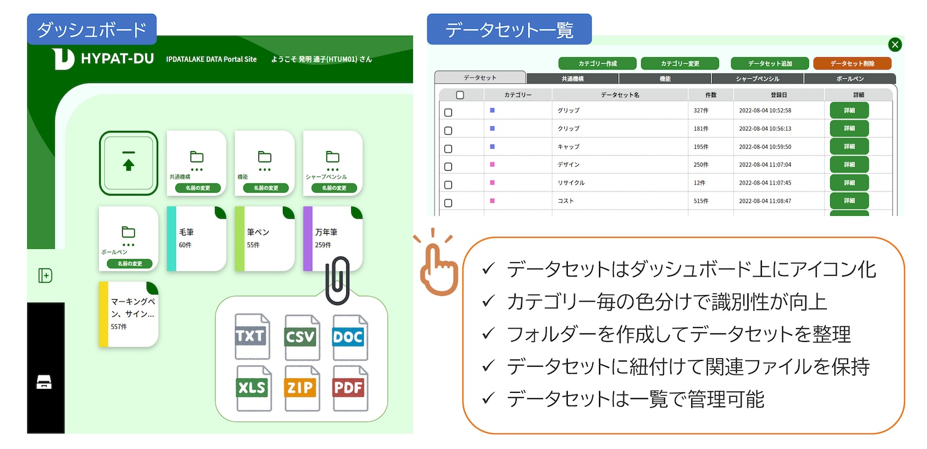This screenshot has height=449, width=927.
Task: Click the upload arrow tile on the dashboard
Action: [x=129, y=163]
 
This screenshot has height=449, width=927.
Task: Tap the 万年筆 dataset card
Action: [x=333, y=238]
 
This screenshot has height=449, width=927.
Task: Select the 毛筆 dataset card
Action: [x=196, y=238]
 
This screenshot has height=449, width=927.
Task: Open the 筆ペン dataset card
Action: [x=265, y=238]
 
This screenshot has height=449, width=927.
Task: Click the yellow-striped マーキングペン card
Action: [x=129, y=314]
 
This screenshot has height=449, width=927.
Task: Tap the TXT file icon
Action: [x=251, y=336]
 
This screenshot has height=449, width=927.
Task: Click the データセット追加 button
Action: [x=769, y=64]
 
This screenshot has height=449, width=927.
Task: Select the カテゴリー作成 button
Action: [x=597, y=64]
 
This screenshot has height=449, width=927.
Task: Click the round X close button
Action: [x=895, y=45]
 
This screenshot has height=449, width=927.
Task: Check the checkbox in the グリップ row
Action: [x=448, y=112]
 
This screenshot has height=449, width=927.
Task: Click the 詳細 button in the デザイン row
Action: [x=849, y=165]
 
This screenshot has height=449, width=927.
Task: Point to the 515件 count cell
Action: [x=701, y=201]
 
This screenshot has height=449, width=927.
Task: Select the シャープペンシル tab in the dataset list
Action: [x=757, y=79]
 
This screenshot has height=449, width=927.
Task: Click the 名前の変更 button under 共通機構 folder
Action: [x=198, y=188]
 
